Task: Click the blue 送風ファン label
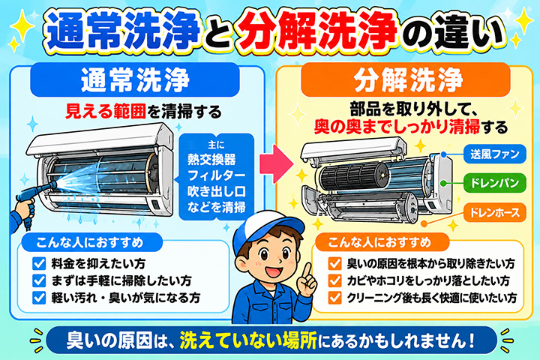tap(494, 154)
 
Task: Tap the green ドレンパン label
tap(494, 183)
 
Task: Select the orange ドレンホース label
tap(494, 212)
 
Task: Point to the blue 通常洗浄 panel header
tap(135, 79)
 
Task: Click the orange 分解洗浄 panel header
tap(405, 79)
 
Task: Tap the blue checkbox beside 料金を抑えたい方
tap(39, 263)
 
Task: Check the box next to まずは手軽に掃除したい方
tap(39, 280)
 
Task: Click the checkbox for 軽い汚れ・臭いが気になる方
tap(39, 297)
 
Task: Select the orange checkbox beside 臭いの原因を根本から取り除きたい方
tap(334, 263)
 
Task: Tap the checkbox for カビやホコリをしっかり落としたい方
tap(334, 280)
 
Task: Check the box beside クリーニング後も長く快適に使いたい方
tap(334, 297)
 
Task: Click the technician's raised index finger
tap(306, 273)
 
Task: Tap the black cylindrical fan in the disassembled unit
tap(354, 175)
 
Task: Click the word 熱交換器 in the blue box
tap(211, 160)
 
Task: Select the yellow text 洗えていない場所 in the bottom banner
tap(248, 340)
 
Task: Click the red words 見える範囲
tap(106, 112)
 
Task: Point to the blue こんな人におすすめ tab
tap(90, 242)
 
